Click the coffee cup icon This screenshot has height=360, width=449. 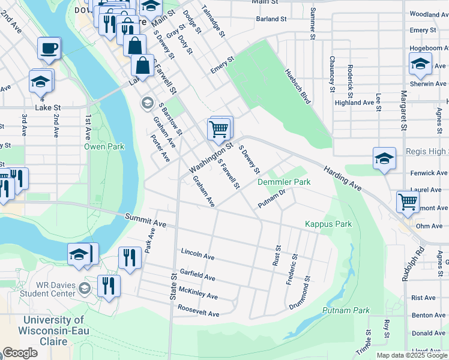pyautogui.click(x=49, y=47)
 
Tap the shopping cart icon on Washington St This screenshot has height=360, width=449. pyautogui.click(x=220, y=128)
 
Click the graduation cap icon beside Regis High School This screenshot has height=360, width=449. pyautogui.click(x=384, y=158)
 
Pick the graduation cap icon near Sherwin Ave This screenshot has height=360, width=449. pyautogui.click(x=420, y=64)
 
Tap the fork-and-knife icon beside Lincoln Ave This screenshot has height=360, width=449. pyautogui.click(x=130, y=257)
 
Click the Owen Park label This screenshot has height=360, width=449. pyautogui.click(x=104, y=146)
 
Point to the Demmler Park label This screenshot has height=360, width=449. pyautogui.click(x=284, y=181)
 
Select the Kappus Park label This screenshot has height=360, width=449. pyautogui.click(x=328, y=224)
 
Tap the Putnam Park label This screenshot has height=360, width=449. pyautogui.click(x=346, y=310)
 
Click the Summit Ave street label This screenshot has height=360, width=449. pyautogui.click(x=145, y=220)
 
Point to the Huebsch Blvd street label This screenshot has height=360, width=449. pyautogui.click(x=297, y=86)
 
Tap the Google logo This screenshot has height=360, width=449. pyautogui.click(x=20, y=353)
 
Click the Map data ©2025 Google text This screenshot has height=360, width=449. pyautogui.click(x=411, y=355)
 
